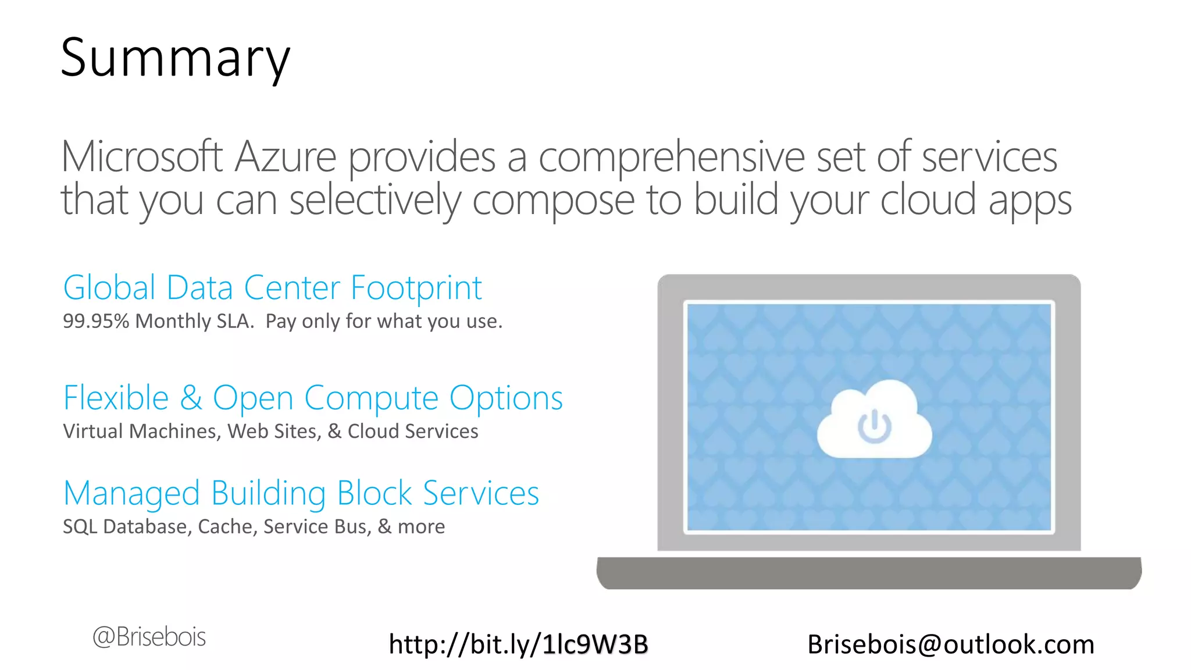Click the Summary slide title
tap(175, 58)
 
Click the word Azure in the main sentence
tap(286, 157)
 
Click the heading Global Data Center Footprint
tap(272, 288)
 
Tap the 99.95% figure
tap(95, 321)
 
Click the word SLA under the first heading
tap(235, 321)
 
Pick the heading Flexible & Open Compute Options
tap(313, 398)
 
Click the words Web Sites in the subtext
tap(273, 432)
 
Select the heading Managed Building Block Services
tap(301, 494)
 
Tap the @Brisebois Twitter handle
tap(149, 637)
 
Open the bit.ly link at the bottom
tap(518, 644)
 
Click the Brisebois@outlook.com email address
tap(951, 644)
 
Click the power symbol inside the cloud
tap(874, 426)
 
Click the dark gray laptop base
tap(869, 573)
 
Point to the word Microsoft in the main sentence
tap(142, 157)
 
